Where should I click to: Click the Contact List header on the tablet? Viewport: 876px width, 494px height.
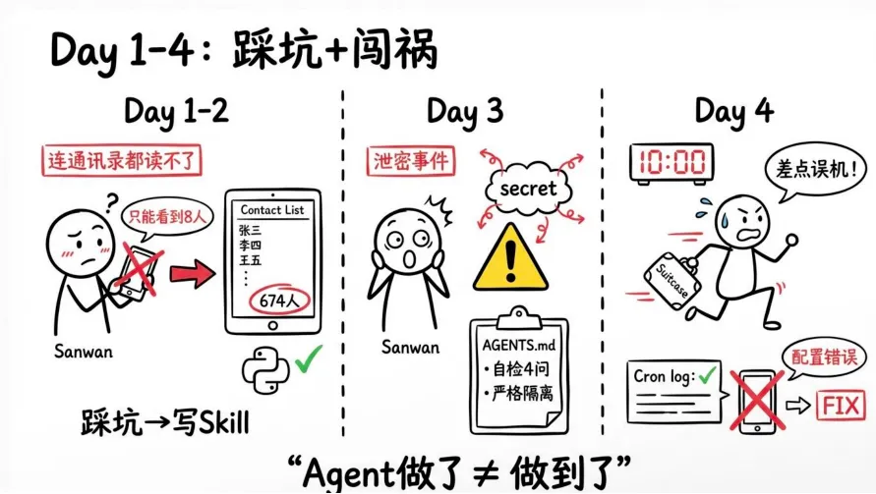coord(273,210)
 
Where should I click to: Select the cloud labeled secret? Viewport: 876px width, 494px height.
coord(528,187)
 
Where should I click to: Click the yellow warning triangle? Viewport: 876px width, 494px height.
coord(509,256)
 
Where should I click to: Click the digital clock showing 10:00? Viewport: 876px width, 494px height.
coord(672,162)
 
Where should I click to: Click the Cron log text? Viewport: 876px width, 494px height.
coord(666,375)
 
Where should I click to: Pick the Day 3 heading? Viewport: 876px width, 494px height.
coord(464,111)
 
